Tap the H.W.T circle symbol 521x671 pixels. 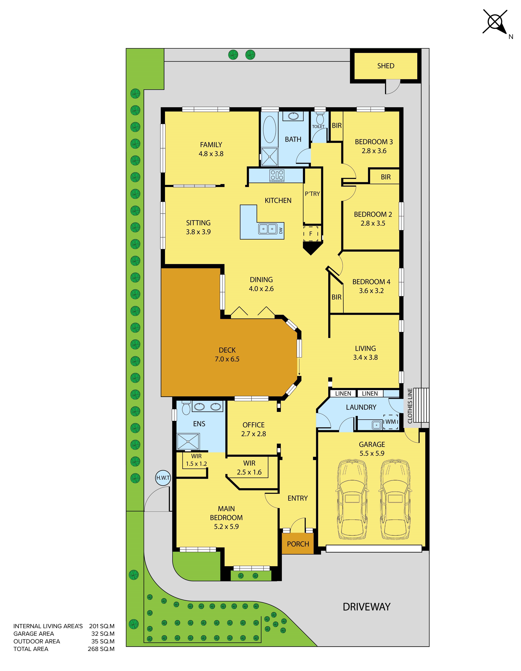click(163, 478)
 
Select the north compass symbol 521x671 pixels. click(495, 22)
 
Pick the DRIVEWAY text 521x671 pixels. click(366, 607)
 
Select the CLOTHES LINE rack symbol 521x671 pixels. click(421, 405)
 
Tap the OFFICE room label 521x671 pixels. click(253, 425)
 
